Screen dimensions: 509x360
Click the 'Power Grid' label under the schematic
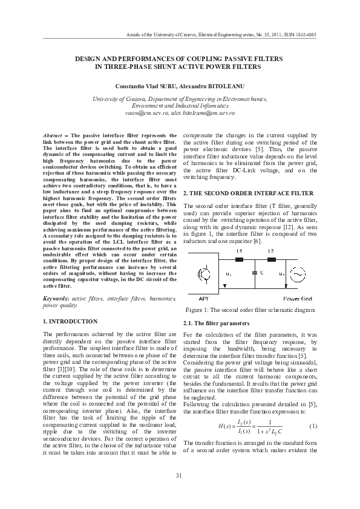296,299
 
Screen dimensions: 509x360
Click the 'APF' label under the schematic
204,299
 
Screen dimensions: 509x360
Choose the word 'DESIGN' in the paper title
88,59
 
